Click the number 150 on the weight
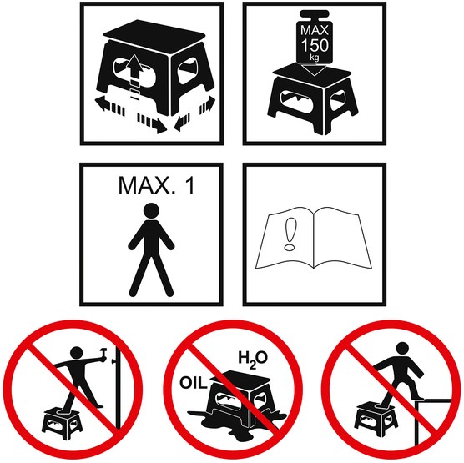tap(315, 45)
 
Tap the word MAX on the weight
tap(315, 30)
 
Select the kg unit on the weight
tap(315, 57)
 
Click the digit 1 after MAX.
tap(190, 185)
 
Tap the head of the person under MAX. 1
tap(151, 210)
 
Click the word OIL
tap(194, 383)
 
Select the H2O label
tap(253, 360)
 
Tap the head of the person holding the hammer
tap(78, 354)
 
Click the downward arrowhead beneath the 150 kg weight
tap(315, 70)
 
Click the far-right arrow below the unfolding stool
tap(208, 105)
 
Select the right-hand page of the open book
tap(342, 236)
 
